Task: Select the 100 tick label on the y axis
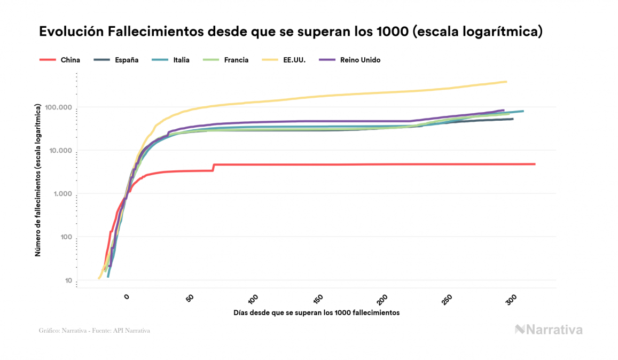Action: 66,238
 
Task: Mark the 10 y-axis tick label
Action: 68,281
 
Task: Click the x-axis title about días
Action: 317,312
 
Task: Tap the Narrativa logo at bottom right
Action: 549,330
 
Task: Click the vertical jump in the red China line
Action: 213,167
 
